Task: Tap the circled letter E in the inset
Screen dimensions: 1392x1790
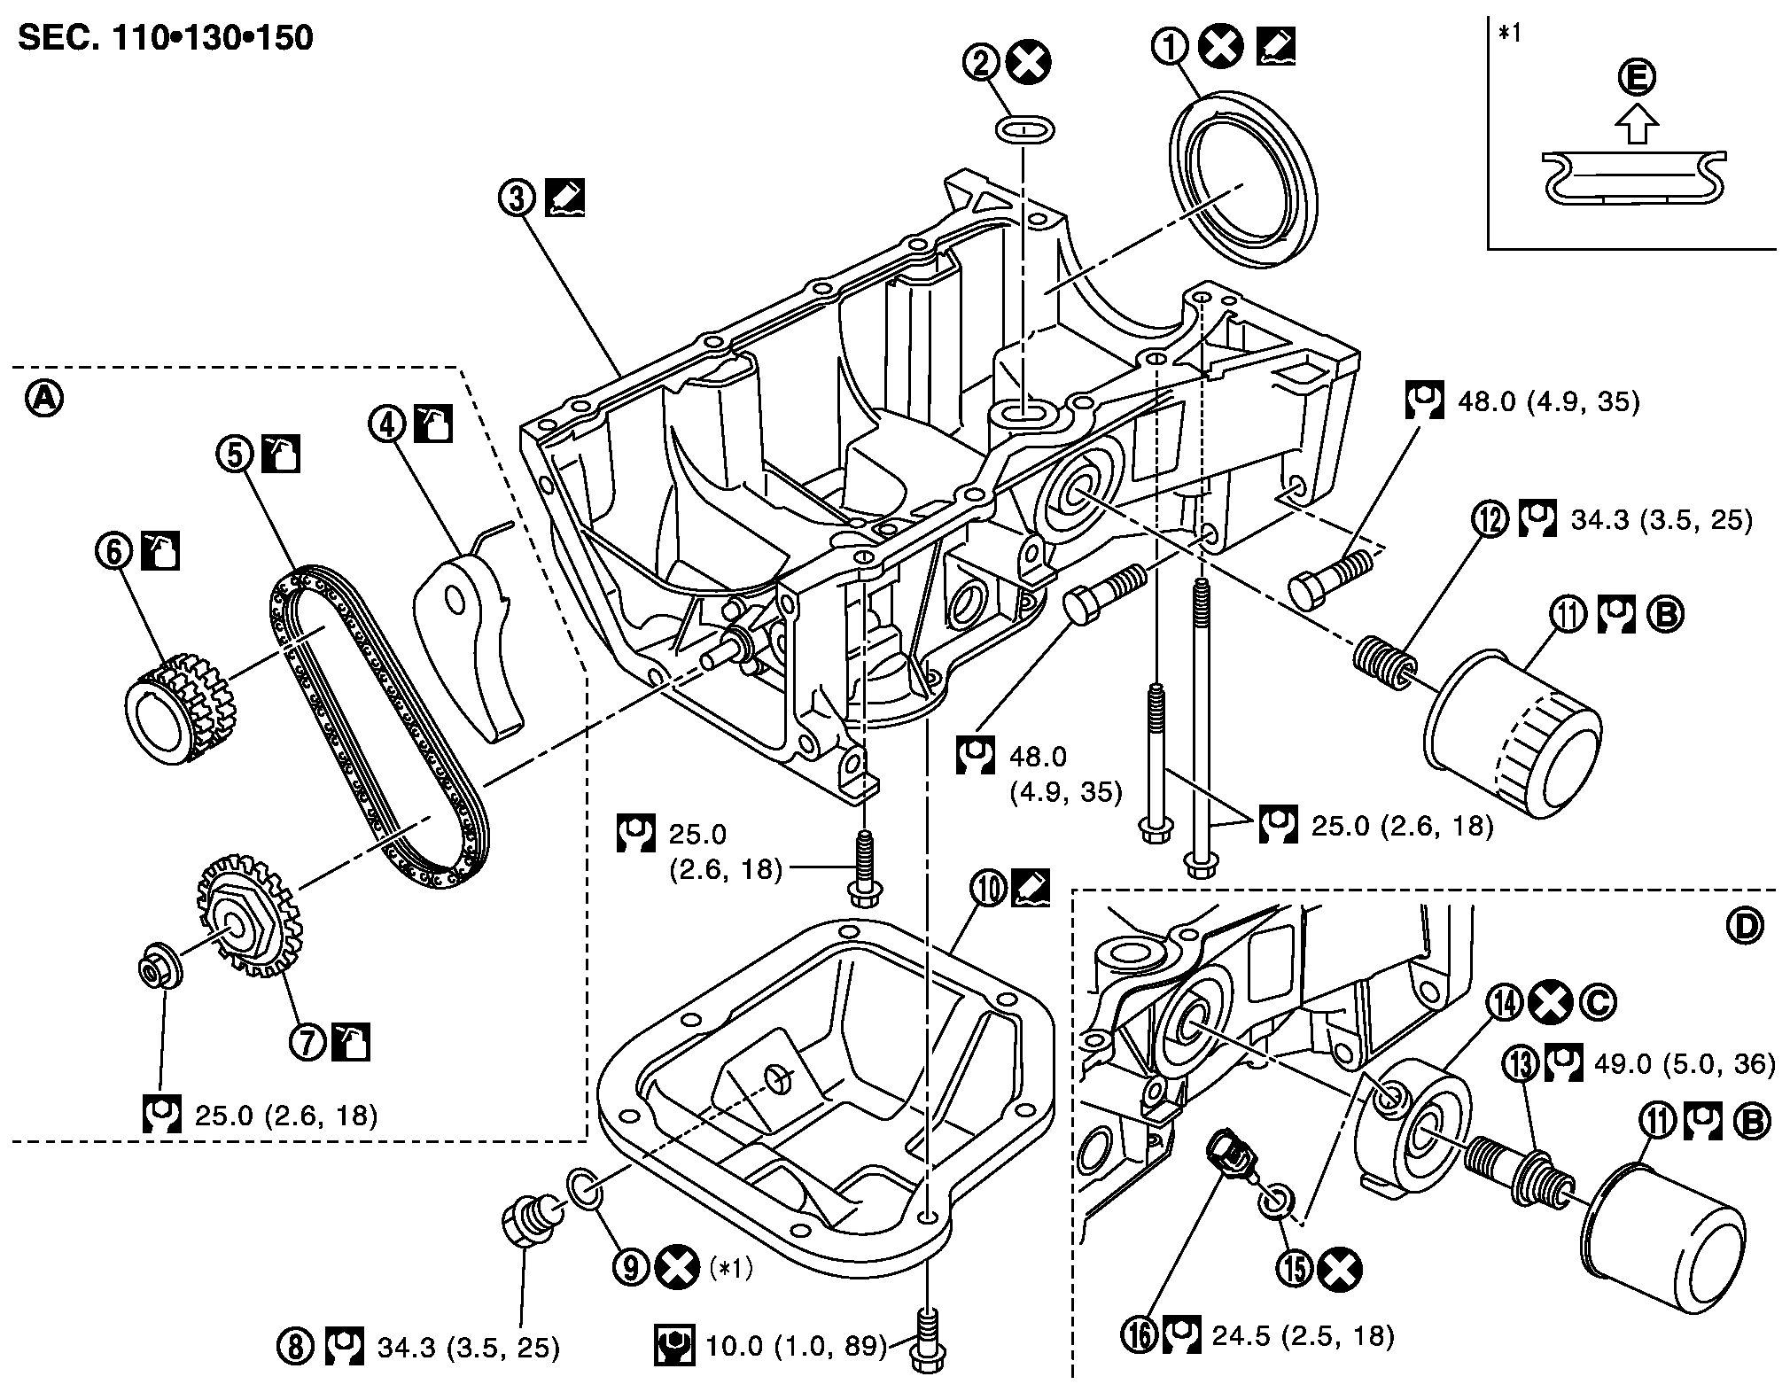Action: (1636, 78)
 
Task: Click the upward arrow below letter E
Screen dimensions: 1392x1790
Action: (1636, 124)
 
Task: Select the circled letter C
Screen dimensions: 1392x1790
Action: (1597, 1002)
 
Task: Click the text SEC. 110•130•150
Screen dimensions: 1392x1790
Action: (166, 38)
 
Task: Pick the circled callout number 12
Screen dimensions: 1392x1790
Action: (1491, 519)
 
